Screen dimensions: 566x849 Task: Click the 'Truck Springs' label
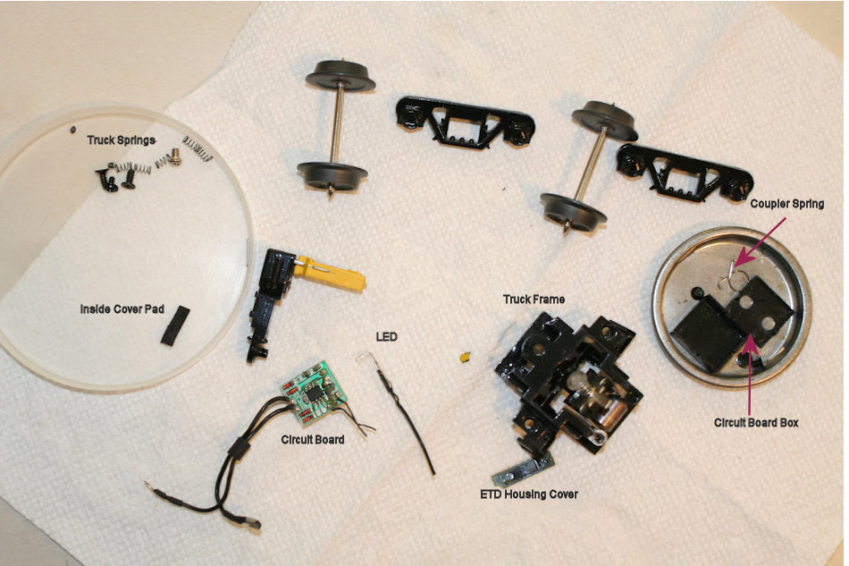[121, 140]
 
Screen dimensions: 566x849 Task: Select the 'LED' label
[386, 336]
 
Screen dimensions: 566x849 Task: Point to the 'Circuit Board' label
[313, 439]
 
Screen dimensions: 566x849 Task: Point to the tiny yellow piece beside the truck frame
[465, 358]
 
